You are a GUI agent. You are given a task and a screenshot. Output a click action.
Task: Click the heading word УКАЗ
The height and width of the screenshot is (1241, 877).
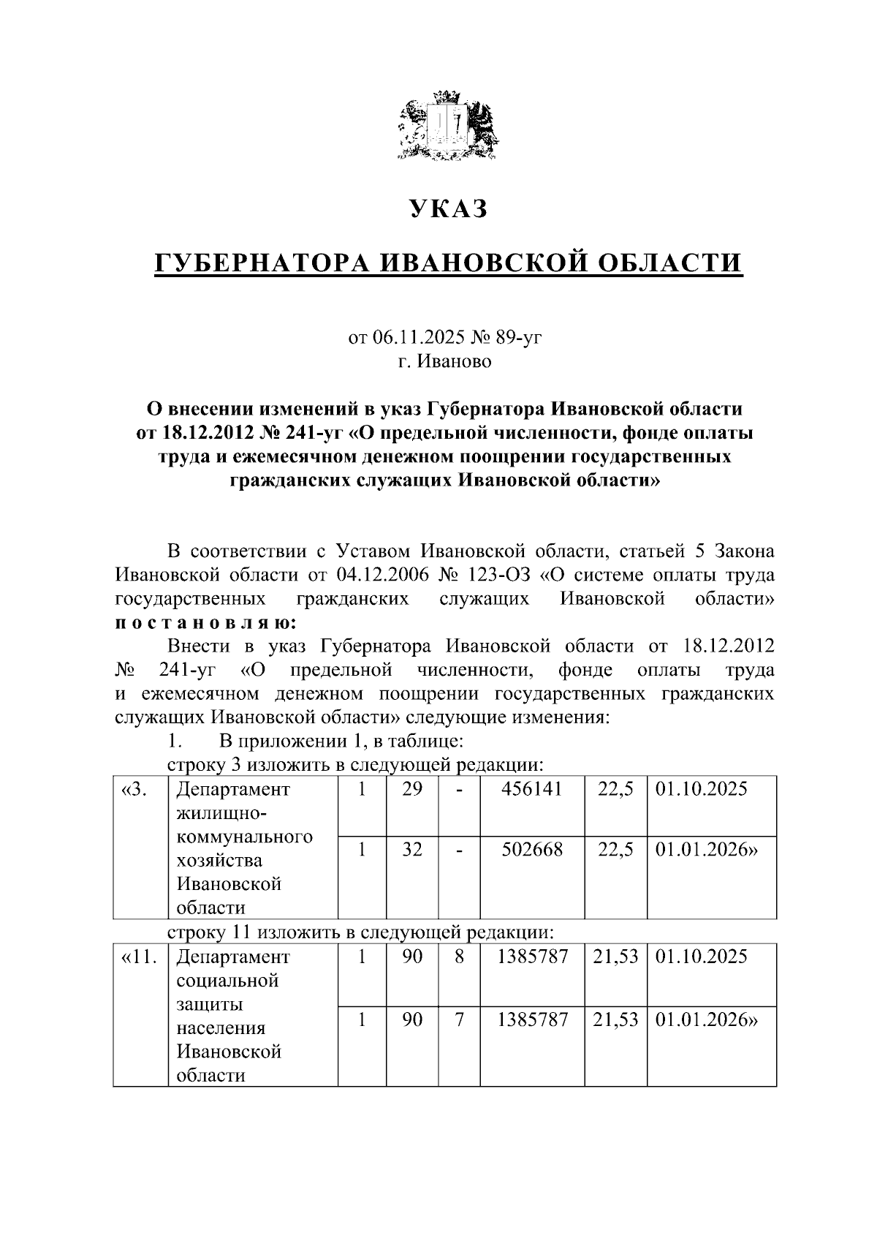tap(447, 209)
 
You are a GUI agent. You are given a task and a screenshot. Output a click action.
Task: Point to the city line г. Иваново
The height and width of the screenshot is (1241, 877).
tap(445, 361)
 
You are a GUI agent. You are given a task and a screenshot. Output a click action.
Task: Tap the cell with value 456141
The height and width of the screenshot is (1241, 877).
tap(532, 789)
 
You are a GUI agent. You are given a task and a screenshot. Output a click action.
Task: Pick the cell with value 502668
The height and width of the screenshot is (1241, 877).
tap(532, 850)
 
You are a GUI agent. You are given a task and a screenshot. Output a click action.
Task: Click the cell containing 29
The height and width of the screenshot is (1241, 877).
tap(412, 789)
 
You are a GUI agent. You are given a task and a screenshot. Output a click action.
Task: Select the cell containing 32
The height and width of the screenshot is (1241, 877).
tap(412, 850)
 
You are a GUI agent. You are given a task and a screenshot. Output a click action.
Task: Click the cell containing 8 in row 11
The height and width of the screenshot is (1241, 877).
tap(459, 957)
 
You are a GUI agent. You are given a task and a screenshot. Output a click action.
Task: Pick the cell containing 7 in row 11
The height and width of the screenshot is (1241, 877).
tap(459, 1019)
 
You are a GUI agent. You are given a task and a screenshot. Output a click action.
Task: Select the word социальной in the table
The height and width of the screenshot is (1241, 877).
tap(228, 980)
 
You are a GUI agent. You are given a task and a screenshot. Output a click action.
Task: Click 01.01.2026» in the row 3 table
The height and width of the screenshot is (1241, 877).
tap(707, 850)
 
